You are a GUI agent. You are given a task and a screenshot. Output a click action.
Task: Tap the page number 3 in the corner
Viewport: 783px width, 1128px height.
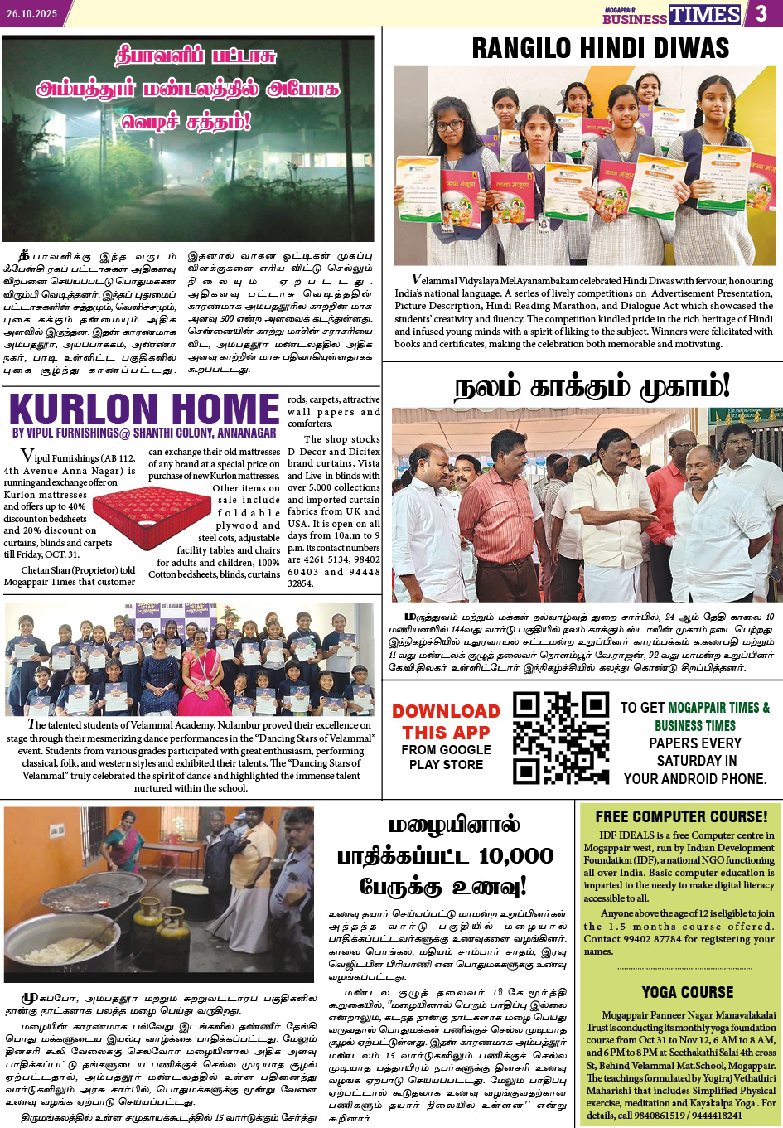(761, 13)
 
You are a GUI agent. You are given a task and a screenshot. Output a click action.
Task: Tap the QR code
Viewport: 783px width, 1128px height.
(561, 738)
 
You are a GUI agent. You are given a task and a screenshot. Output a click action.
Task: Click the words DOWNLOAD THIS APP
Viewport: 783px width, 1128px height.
(446, 722)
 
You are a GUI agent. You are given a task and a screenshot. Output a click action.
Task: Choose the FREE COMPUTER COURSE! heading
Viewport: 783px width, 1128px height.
(681, 816)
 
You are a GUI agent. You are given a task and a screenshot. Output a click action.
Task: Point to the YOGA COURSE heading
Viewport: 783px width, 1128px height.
(688, 992)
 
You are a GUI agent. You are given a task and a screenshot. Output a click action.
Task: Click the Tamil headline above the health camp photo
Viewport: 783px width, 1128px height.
(592, 386)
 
